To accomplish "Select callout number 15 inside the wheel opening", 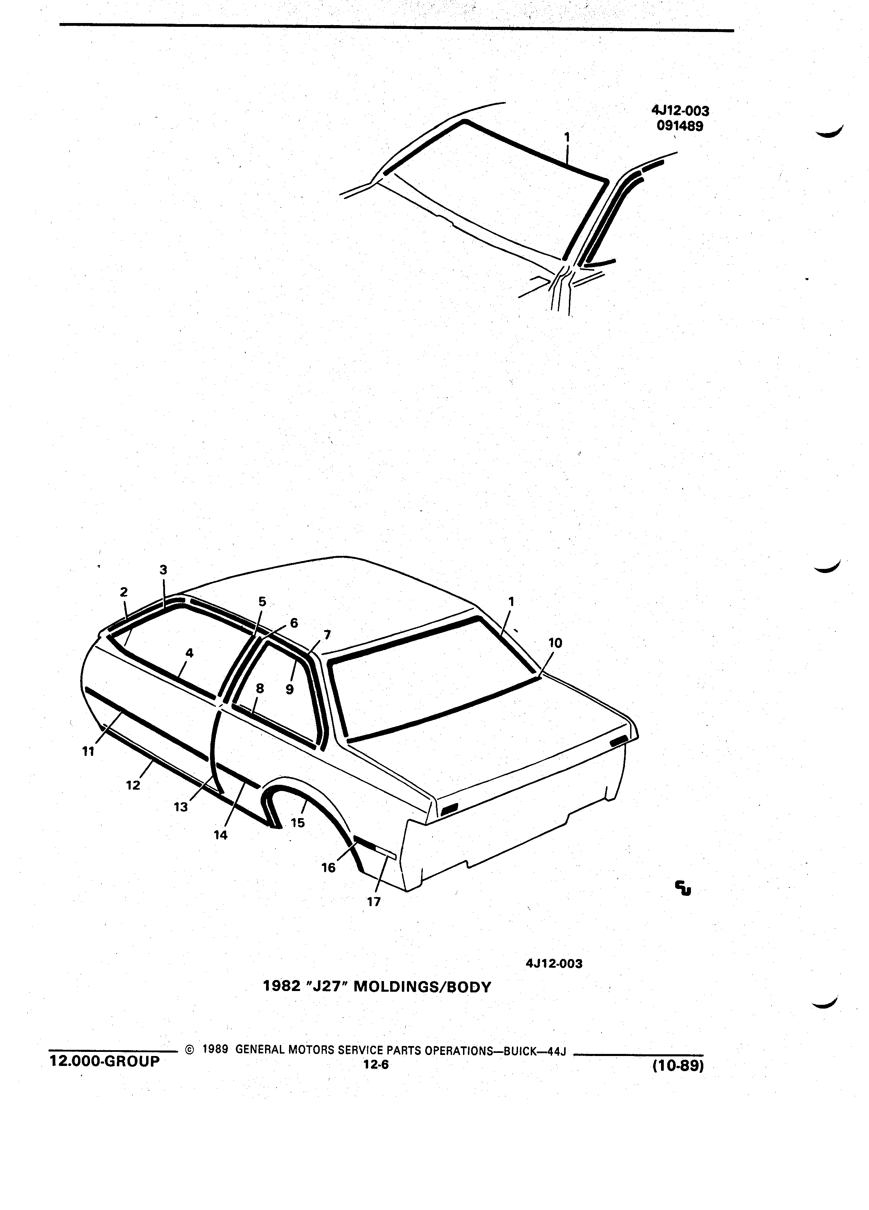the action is point(298,823).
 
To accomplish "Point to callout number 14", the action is point(220,835).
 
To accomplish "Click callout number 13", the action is point(181,807).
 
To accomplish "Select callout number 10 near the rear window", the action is point(555,643).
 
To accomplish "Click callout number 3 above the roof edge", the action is point(163,570).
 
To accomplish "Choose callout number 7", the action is point(327,635).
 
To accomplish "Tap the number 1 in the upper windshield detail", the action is point(567,137).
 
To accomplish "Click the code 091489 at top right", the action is point(680,126).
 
